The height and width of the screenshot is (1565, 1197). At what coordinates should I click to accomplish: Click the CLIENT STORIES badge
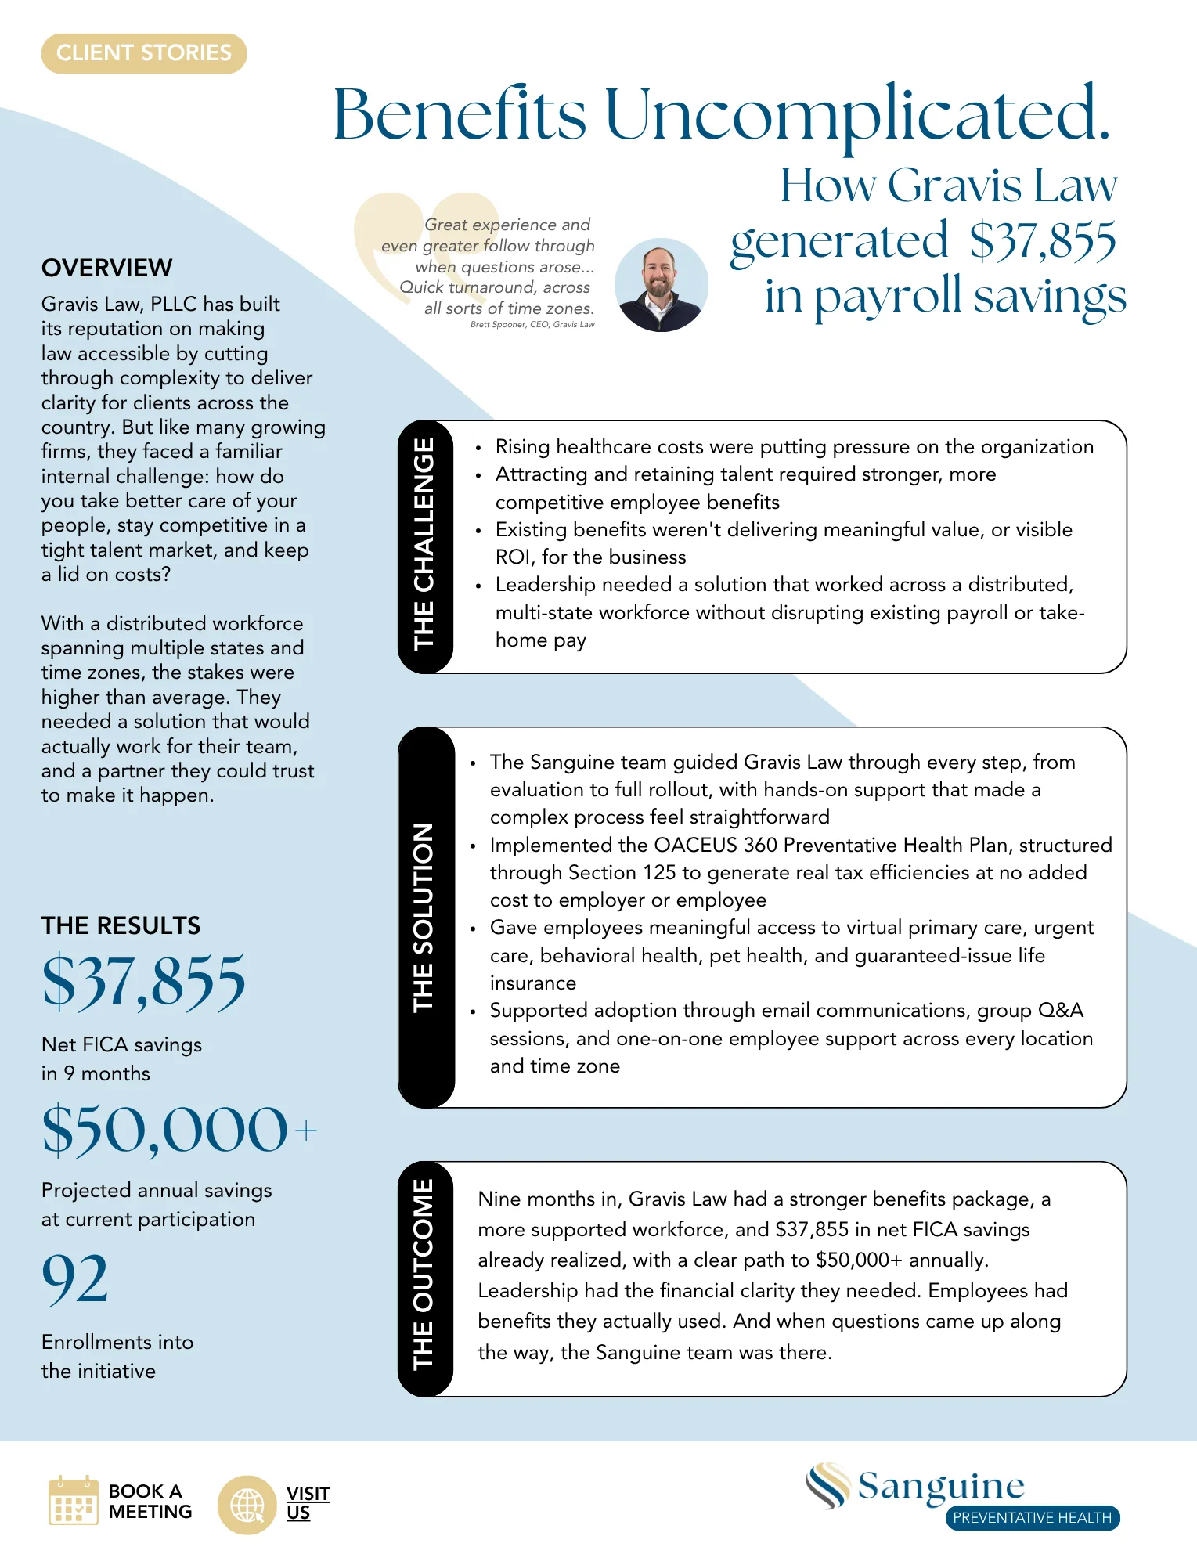coord(144,53)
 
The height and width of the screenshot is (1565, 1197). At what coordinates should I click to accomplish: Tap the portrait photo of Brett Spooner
coord(661,285)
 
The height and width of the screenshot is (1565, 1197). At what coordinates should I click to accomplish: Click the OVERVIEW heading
coord(107,268)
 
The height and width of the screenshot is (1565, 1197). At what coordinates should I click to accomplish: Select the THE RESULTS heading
coord(121,925)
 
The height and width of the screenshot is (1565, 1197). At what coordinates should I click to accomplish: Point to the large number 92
coord(75,1278)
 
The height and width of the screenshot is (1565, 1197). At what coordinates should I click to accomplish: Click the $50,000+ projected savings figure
coord(179,1130)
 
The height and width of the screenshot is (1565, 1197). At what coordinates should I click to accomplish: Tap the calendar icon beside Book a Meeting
coord(73,1501)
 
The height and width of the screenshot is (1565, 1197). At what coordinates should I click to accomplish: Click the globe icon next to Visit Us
coord(247,1505)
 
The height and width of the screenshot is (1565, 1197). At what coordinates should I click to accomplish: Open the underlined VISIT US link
coord(308,1502)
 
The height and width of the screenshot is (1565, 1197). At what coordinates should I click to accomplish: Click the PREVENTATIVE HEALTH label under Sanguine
coord(1032,1517)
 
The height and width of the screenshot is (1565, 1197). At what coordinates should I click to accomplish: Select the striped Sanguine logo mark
coord(828,1485)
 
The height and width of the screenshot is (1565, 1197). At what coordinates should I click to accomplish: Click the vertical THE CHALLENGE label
coord(424,545)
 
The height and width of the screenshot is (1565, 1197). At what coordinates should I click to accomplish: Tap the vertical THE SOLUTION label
coord(424,917)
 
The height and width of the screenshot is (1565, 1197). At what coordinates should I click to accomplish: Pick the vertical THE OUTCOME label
coord(424,1275)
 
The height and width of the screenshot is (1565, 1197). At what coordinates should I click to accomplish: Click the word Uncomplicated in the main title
coord(856,114)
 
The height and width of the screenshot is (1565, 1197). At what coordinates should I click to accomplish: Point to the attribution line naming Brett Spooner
coord(532,324)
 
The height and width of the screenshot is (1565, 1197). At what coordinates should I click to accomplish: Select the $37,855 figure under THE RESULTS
coord(143,982)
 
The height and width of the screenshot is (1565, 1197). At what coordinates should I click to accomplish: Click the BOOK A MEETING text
coord(150,1501)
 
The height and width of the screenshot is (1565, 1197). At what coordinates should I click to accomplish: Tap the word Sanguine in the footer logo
coord(941,1486)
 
